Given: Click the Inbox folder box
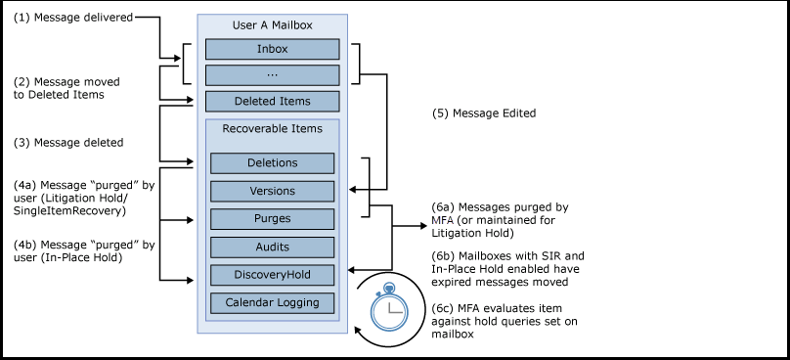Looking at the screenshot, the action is coord(272,49).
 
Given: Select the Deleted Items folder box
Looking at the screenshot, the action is coord(272,102).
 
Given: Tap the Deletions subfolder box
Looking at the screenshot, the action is coord(272,162).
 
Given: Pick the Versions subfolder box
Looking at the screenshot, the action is coord(272,191).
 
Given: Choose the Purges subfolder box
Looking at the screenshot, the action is coord(272,219).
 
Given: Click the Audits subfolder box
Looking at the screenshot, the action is coord(272,247).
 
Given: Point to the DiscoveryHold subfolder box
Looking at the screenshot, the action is coord(272,275).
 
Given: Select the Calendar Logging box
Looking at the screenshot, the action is coord(272,303).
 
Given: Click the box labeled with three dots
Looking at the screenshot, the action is coord(272,75).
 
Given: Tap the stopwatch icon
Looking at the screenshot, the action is coord(387,307).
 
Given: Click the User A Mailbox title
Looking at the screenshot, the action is coord(272,25).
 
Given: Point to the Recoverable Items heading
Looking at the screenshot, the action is coord(272,128).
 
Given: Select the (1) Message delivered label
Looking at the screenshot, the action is coord(73,18).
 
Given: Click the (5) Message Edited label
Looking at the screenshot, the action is coord(484,113).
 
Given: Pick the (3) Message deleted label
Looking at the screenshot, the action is coord(68,143).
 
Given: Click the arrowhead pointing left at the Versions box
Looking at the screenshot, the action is coord(352,190).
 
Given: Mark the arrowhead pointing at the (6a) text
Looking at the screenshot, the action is coord(423,226).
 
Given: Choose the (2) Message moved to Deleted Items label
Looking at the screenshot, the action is coord(66,88).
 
